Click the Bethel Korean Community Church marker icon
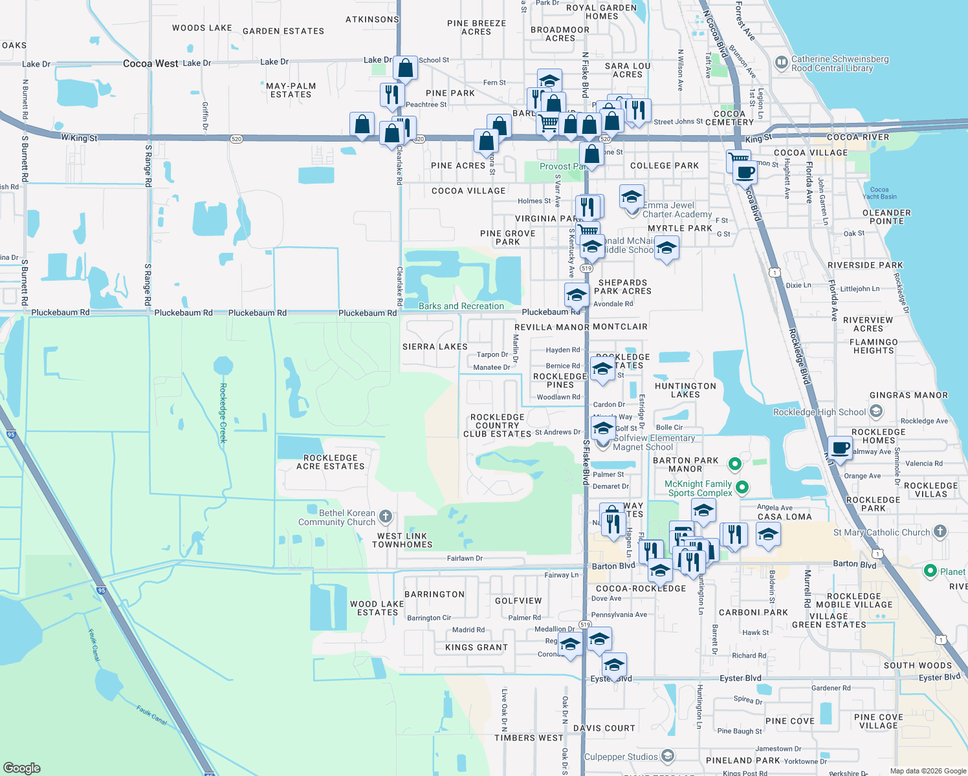click(386, 516)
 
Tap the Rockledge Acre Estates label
click(331, 462)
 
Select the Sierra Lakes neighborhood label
click(435, 347)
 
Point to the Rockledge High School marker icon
click(876, 411)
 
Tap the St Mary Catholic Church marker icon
click(940, 532)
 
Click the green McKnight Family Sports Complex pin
click(742, 488)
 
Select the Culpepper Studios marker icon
click(668, 756)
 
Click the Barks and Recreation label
click(461, 306)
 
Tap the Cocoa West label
click(150, 63)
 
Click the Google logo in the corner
click(21, 768)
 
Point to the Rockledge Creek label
click(223, 413)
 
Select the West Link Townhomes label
click(402, 540)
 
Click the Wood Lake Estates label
click(377, 608)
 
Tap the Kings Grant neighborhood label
click(476, 647)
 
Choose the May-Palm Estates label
click(291, 90)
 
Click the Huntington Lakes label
click(685, 390)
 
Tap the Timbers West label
click(529, 738)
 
